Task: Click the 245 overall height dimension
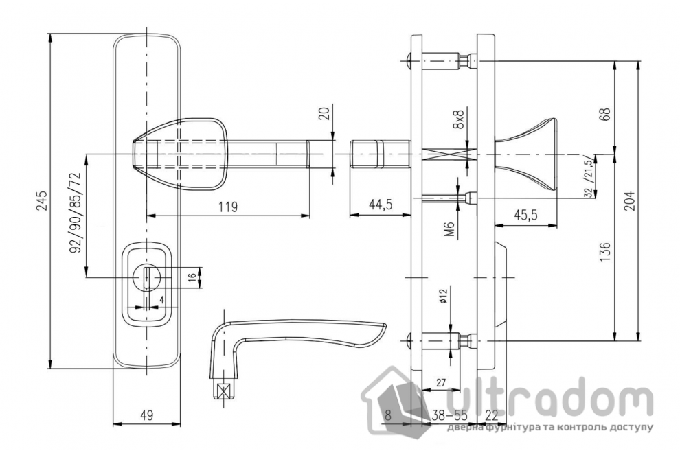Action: click(42, 200)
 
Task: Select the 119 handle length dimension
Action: click(227, 207)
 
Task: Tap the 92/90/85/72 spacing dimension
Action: click(76, 213)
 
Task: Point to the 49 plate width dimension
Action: click(147, 415)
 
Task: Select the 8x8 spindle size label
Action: click(458, 120)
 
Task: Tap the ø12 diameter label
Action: click(443, 296)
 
